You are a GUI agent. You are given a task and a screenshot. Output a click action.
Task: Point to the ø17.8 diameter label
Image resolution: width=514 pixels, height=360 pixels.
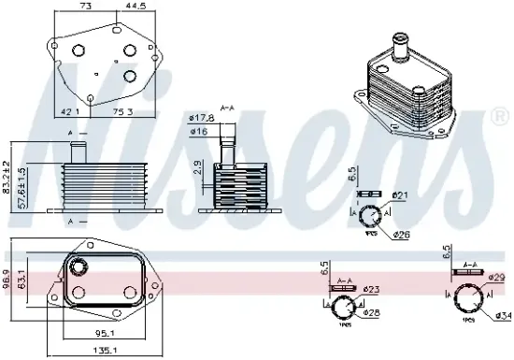point(200,117)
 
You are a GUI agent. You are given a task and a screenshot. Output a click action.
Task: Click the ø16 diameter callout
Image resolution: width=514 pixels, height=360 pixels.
point(198,132)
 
